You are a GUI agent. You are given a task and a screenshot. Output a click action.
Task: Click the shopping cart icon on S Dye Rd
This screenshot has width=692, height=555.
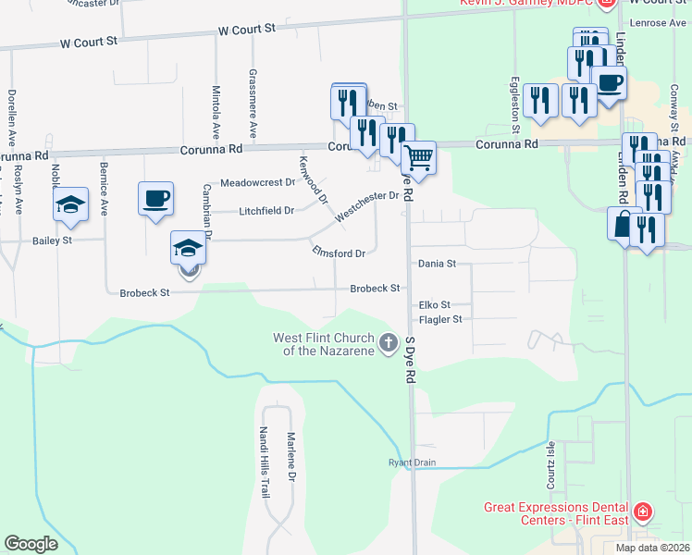click(x=419, y=158)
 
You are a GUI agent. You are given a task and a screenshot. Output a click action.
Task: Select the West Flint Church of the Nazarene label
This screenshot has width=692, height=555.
click(x=324, y=344)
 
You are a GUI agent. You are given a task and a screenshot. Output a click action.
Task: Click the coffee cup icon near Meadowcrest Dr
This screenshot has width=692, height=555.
click(x=155, y=198)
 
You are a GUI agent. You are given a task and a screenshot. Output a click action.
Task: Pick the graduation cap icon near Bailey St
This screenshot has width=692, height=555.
click(x=70, y=206)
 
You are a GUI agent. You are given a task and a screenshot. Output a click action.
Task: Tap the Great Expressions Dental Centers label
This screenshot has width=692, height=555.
click(x=556, y=513)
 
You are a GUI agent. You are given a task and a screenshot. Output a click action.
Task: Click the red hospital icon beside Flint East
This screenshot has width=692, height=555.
click(x=642, y=512)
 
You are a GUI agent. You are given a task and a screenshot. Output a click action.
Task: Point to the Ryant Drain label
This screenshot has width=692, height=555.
click(x=411, y=462)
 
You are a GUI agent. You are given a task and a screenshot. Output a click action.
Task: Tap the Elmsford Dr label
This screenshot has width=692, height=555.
click(x=340, y=251)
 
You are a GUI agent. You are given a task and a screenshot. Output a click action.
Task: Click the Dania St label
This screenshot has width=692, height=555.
click(x=437, y=264)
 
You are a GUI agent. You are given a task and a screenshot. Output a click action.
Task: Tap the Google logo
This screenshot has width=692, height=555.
click(x=31, y=544)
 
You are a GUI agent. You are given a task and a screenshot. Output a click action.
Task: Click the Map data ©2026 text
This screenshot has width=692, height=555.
click(x=653, y=548)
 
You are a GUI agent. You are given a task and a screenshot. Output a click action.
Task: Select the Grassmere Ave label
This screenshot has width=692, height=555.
click(x=253, y=93)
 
